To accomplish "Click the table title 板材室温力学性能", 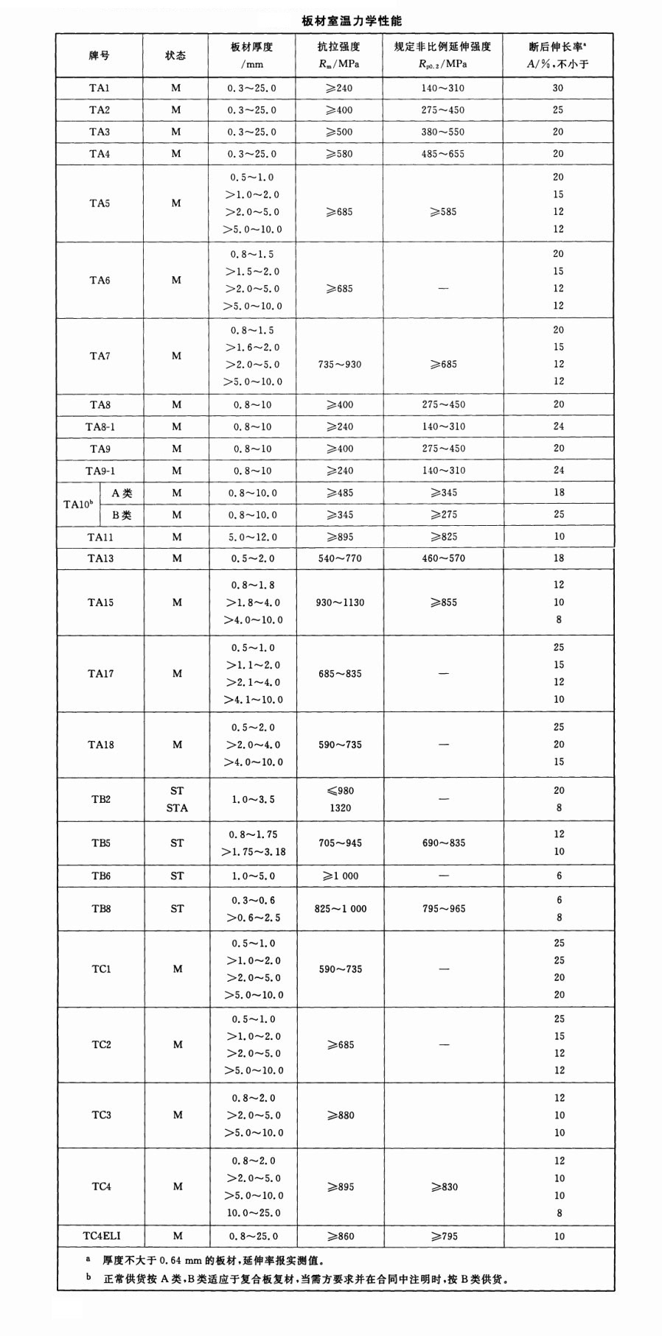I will coord(352,21).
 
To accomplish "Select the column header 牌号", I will coord(100,55).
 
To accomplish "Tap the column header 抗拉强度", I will coord(339,47).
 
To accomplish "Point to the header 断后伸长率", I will coord(558,47).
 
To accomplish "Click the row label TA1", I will coord(100,88).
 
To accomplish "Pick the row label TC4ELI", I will coord(102,1235).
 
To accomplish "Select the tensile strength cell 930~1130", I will coord(340,602).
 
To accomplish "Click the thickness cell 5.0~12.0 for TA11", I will coord(253,537).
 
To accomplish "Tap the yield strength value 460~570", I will coord(443,558).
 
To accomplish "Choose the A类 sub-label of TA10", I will coord(122,493).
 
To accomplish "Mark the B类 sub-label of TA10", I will coord(122,516).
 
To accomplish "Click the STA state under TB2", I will coord(177,808).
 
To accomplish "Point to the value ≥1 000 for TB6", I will coord(340,876).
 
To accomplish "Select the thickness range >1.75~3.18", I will coord(253,852).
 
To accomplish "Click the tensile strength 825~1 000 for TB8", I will coord(340,909).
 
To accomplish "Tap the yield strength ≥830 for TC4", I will coord(444,1186).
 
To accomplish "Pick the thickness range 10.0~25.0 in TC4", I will coord(253,1212).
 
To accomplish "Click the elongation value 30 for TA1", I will coord(558,88).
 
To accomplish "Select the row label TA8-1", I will coord(100,427).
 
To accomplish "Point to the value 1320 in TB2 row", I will coord(340,808).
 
